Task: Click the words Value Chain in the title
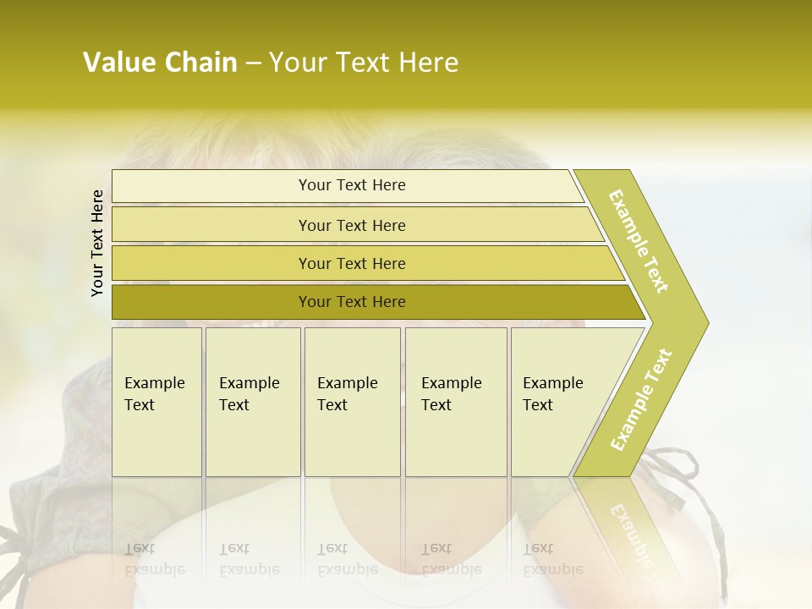point(160,63)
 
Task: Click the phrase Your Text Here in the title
point(364,63)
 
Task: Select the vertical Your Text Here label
point(97,243)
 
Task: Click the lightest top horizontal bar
point(352,185)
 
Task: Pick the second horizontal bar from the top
point(352,225)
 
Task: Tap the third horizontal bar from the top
point(352,263)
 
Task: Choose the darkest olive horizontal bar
point(352,302)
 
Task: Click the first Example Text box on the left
point(156,402)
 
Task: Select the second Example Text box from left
point(252,402)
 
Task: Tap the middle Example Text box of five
point(352,402)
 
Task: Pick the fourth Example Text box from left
point(455,402)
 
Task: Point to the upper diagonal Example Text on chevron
point(639,241)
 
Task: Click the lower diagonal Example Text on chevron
point(641,399)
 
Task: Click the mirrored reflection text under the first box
point(155,559)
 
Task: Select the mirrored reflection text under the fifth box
point(553,559)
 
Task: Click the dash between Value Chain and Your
point(253,63)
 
